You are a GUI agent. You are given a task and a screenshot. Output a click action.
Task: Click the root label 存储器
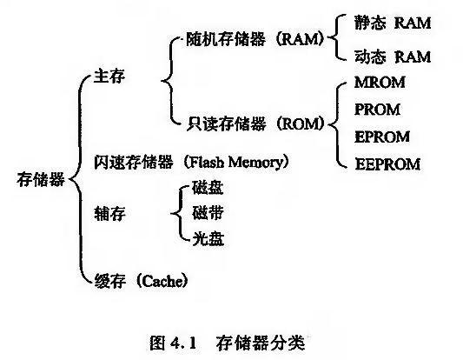[x=41, y=179]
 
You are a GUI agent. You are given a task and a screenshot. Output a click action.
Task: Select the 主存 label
[x=109, y=77]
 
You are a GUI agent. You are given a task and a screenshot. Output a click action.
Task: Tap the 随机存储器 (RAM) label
[x=255, y=39]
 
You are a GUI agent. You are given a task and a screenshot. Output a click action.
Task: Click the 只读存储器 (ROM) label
[x=255, y=123]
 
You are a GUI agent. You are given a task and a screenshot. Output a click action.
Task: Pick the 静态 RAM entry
[x=393, y=23]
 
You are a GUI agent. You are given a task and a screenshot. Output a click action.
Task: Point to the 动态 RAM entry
[x=393, y=57]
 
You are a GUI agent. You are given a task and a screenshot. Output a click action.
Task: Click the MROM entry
[x=380, y=82]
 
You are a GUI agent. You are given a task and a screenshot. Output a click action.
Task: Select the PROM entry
[x=377, y=110]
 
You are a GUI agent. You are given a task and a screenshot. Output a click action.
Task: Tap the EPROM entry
[x=382, y=137]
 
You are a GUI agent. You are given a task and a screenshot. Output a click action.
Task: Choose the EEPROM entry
[x=387, y=164]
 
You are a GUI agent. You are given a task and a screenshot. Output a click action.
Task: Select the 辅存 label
[x=109, y=213]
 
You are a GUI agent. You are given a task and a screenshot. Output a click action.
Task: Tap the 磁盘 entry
[x=208, y=187]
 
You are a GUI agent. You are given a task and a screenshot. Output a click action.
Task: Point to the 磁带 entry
[x=208, y=213]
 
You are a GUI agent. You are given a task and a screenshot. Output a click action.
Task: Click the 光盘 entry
[x=208, y=239]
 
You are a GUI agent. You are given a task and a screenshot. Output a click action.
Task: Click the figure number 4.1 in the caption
[x=183, y=343]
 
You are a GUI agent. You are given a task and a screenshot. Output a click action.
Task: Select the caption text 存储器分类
[x=260, y=343]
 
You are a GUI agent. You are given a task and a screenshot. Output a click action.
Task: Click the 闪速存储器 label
[x=134, y=163]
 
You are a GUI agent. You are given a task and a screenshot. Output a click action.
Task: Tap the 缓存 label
[x=109, y=281]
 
